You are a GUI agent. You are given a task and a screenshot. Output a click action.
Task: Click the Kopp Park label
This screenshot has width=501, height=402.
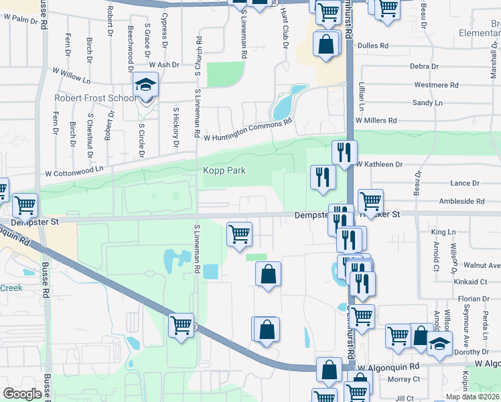point(224,171)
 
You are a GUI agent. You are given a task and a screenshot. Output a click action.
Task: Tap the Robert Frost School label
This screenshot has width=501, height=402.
point(94,98)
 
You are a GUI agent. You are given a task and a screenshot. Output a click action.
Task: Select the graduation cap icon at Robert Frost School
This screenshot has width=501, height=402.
point(144,86)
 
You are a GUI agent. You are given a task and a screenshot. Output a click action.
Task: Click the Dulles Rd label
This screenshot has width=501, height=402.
point(374,46)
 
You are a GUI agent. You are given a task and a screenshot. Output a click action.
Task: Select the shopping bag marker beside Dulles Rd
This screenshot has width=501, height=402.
point(326,45)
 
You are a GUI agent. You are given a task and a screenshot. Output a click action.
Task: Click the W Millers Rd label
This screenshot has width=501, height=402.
point(376,120)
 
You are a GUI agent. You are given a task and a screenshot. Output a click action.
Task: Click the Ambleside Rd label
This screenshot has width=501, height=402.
point(461,201)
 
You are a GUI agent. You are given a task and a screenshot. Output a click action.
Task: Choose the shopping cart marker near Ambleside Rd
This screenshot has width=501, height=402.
point(370,200)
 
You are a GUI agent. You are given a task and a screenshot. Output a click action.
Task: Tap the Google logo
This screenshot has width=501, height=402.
point(23,393)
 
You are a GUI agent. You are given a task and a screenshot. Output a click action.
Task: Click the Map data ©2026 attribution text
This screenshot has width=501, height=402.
point(472,397)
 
